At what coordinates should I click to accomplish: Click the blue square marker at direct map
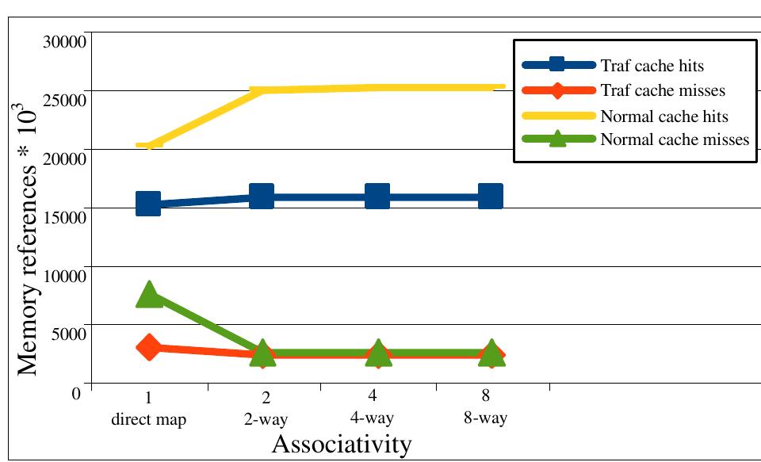point(148,204)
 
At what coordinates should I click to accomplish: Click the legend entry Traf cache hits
point(652,65)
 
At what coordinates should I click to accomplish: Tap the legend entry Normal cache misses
point(675,139)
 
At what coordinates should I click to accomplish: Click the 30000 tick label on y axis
point(63,41)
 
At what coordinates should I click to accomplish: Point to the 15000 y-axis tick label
point(63,216)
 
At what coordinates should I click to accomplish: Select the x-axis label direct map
point(148,419)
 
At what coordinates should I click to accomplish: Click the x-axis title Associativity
point(342,444)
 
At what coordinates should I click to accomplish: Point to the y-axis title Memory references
point(28,229)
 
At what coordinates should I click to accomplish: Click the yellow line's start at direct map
point(149,145)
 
